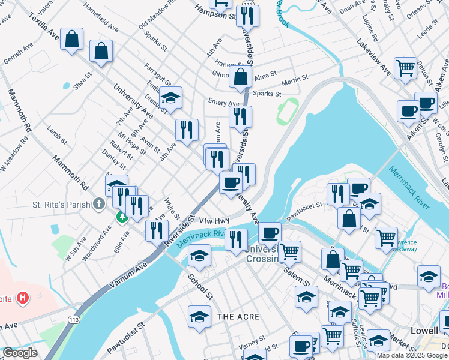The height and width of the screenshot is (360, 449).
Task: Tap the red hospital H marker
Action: coord(23,297)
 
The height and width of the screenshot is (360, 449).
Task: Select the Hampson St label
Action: coord(215,13)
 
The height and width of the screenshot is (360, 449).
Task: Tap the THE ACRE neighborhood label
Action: coord(238,316)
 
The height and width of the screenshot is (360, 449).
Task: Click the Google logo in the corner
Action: coord(20,353)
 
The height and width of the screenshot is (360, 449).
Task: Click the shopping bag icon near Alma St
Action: coord(240,77)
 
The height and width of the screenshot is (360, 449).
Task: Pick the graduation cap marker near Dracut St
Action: coord(171,98)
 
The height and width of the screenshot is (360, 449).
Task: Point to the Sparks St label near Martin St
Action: coord(267,94)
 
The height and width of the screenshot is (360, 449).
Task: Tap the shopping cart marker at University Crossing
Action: coord(289,251)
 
